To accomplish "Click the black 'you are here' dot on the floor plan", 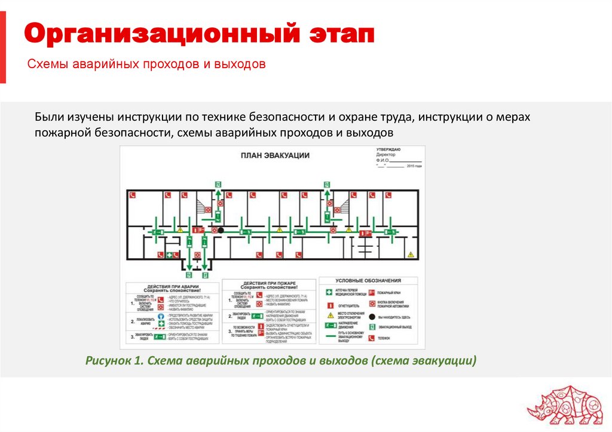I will [221, 230].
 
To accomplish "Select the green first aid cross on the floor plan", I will [170, 255].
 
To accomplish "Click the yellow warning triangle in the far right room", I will [410, 255].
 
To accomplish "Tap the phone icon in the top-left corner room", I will [133, 195].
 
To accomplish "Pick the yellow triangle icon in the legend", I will [329, 315].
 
